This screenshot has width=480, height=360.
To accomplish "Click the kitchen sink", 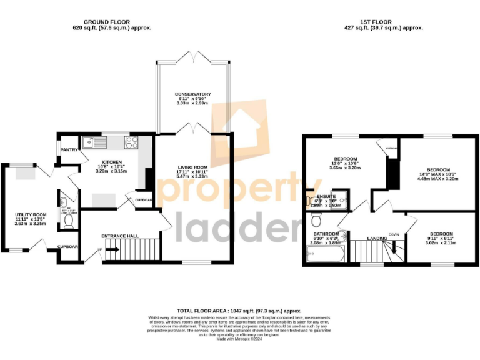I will (99, 142).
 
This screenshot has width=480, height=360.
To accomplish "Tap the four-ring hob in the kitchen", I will (132, 142).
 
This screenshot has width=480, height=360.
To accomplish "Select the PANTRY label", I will (68, 150).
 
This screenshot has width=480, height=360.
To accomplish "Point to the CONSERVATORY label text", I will (192, 94).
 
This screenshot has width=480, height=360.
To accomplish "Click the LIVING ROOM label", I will (192, 167).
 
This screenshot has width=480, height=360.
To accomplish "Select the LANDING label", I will (376, 238).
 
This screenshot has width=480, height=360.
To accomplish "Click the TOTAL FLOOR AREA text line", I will (239, 311).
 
